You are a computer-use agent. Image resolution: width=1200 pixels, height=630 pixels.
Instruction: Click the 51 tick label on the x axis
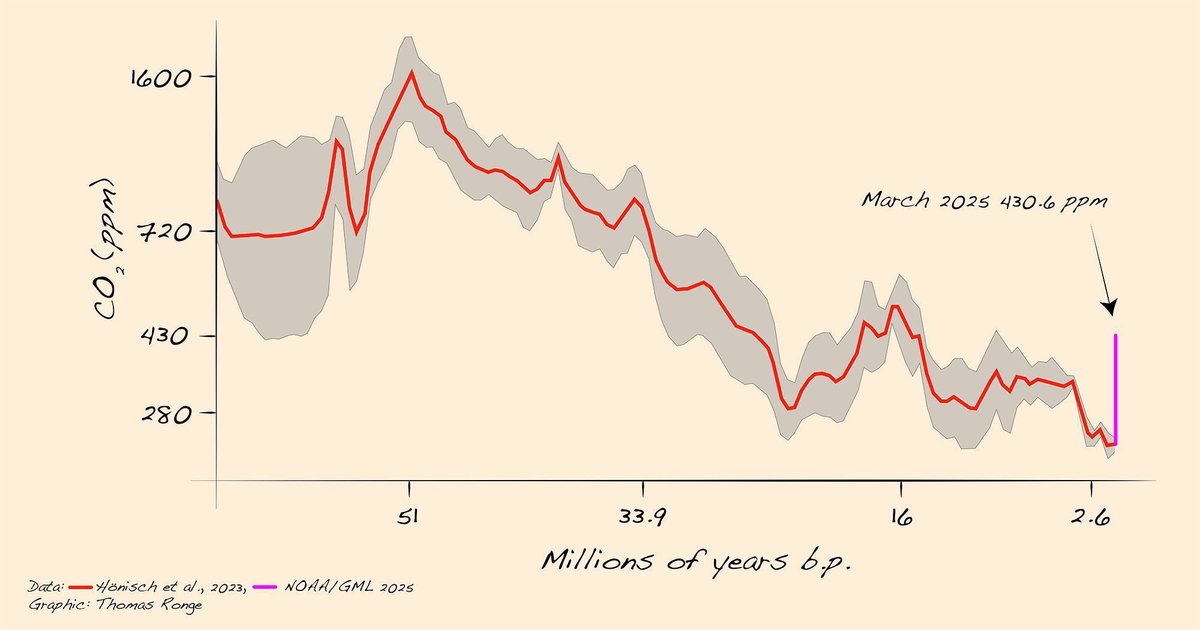tap(408, 517)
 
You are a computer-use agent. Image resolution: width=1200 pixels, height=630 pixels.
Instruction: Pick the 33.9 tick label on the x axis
tap(642, 517)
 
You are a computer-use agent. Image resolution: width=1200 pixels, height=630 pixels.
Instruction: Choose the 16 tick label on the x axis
tap(900, 517)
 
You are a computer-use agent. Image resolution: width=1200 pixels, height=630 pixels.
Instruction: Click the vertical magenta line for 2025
tap(1115, 390)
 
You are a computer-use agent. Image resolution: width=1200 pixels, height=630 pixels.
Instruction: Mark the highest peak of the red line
tap(409, 73)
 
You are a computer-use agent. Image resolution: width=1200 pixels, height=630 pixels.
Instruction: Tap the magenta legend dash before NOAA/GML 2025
tap(269, 588)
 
